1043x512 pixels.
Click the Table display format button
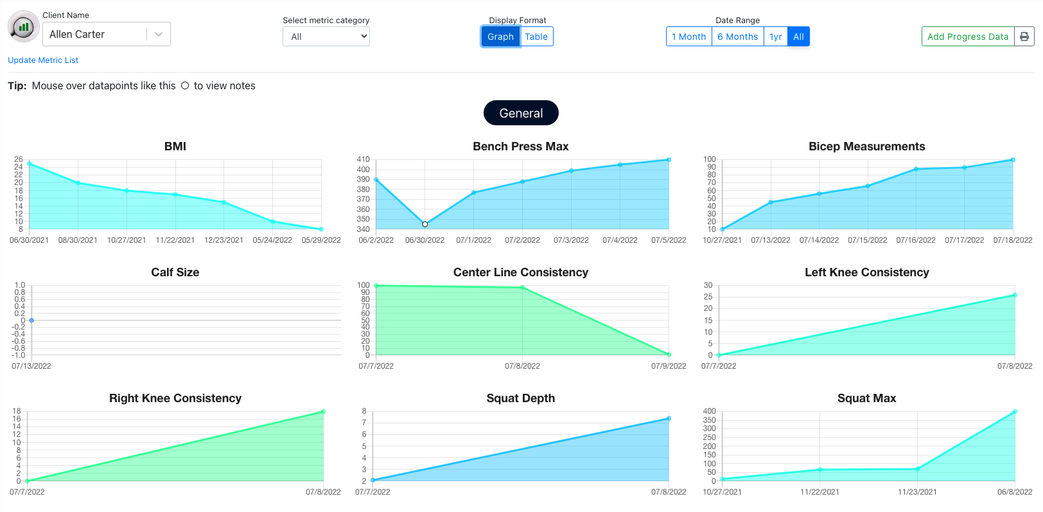coord(536,37)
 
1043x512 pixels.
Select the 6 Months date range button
coord(737,37)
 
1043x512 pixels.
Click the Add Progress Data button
coord(967,37)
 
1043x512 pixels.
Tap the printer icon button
coord(1024,37)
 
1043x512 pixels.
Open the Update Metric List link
coord(43,60)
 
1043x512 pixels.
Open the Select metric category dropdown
coord(326,37)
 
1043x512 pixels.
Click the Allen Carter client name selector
coord(106,34)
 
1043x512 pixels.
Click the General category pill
coord(521,113)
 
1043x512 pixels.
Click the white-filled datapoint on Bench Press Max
coord(425,224)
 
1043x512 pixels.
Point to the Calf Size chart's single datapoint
coord(31,320)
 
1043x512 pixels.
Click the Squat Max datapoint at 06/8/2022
coord(1015,412)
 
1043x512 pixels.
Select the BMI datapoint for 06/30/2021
coord(30,164)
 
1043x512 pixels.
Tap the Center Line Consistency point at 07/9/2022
coord(669,355)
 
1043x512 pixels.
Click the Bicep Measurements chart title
coord(866,146)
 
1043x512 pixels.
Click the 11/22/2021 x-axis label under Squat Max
coord(819,492)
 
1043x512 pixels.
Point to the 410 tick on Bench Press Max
coord(364,159)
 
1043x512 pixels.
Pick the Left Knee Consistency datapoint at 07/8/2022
coord(1015,296)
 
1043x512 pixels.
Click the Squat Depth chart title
coord(520,398)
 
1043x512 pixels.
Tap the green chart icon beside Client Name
coord(24,27)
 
